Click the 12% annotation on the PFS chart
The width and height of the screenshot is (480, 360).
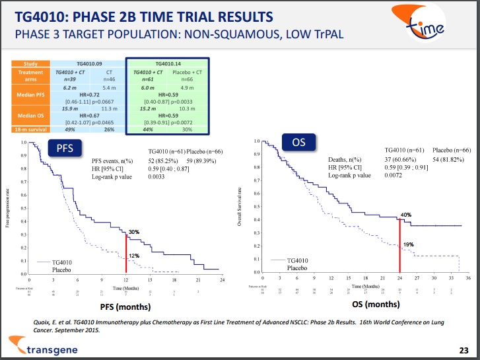(x=133, y=256)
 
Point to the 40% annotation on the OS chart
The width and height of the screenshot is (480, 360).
(x=406, y=215)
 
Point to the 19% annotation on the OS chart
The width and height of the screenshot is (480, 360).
(x=409, y=244)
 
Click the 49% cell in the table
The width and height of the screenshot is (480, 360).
(x=68, y=129)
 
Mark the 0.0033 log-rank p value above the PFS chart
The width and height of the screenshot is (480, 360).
(x=156, y=176)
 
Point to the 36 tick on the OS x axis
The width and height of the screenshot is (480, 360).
(x=468, y=278)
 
